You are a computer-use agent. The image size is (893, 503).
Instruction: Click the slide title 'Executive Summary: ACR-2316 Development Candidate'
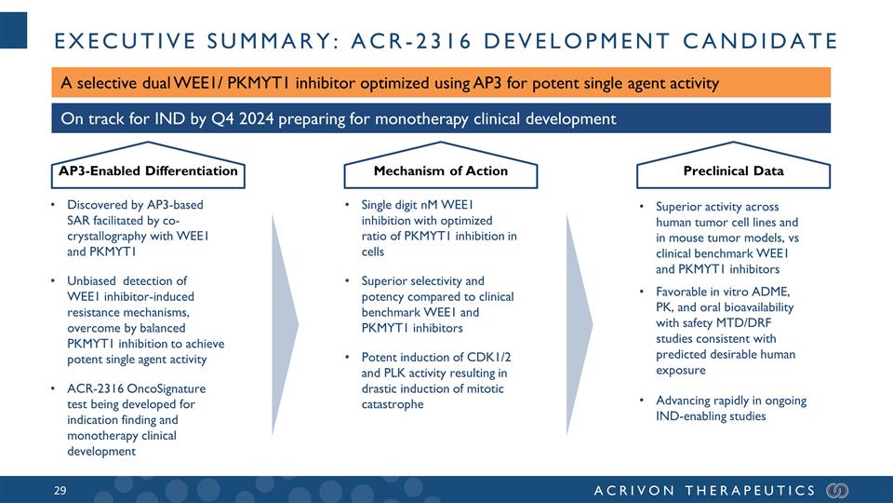(x=445, y=41)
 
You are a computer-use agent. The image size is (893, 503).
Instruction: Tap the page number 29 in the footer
(x=63, y=490)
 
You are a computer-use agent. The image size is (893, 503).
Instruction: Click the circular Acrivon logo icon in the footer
(x=837, y=490)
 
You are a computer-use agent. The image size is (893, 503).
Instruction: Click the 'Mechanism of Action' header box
(x=440, y=170)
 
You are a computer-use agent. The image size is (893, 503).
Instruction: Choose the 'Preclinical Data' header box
(x=734, y=170)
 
